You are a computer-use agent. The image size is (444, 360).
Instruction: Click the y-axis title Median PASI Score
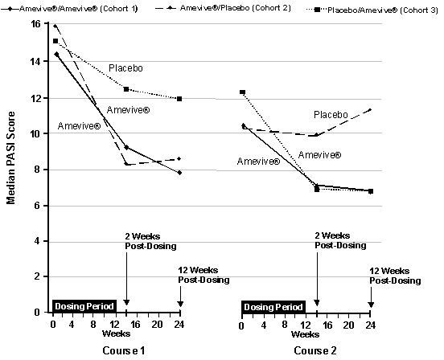[11, 161]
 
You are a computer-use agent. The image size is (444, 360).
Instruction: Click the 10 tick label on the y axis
[36, 133]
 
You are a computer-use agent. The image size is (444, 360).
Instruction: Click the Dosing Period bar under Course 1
[84, 305]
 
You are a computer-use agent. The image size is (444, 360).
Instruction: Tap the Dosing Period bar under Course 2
[274, 305]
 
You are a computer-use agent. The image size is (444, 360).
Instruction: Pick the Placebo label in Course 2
[331, 115]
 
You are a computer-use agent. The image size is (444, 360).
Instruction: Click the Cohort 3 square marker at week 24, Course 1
[179, 99]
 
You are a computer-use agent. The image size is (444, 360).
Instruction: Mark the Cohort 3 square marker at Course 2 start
[242, 92]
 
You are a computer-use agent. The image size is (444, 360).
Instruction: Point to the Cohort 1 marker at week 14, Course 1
[126, 147]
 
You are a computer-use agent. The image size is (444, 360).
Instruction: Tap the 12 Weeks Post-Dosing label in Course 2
[395, 276]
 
